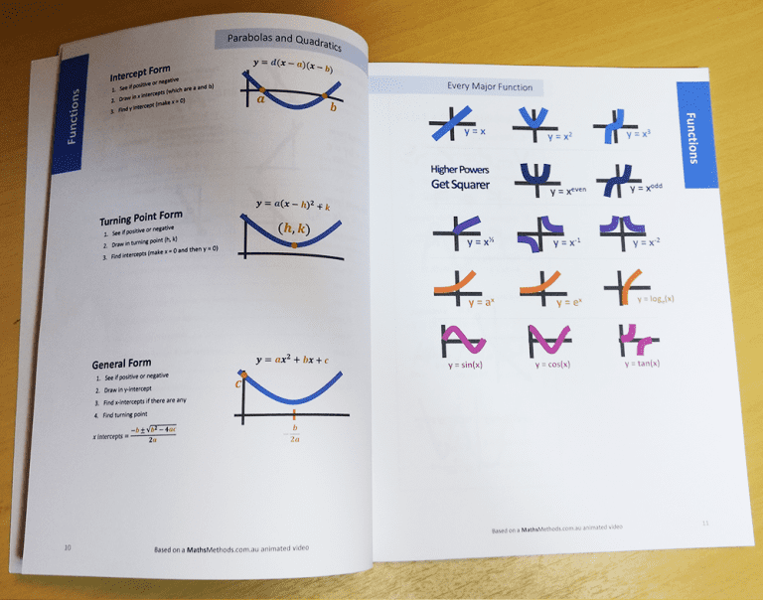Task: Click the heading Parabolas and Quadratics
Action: click(284, 44)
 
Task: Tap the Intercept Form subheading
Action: click(139, 74)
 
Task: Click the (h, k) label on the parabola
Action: click(294, 229)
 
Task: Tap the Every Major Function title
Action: click(490, 87)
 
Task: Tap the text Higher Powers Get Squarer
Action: click(460, 177)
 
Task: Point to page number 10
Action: click(68, 547)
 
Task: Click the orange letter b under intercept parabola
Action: click(333, 106)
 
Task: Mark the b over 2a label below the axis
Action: click(294, 433)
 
